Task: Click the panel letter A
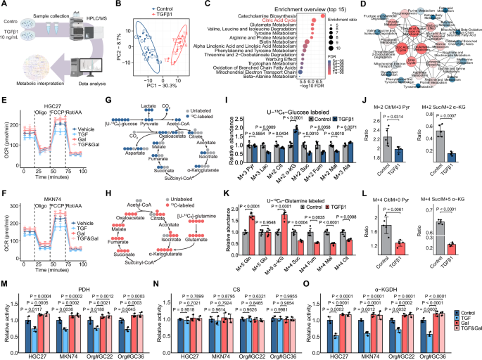tap(4, 4)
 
